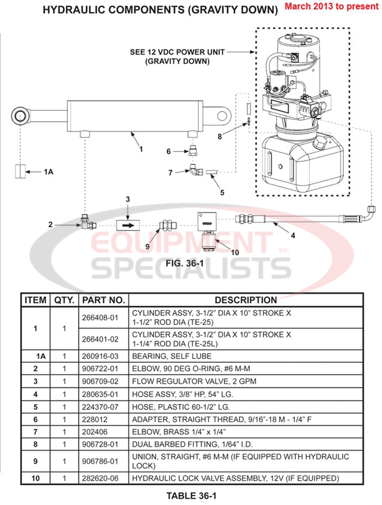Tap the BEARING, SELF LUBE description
172,355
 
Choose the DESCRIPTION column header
246,300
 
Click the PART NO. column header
103,300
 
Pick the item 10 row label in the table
36,478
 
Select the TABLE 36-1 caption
191,496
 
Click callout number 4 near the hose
293,235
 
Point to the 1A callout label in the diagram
48,172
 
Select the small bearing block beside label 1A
20,172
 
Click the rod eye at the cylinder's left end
21,116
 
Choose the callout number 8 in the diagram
220,136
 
